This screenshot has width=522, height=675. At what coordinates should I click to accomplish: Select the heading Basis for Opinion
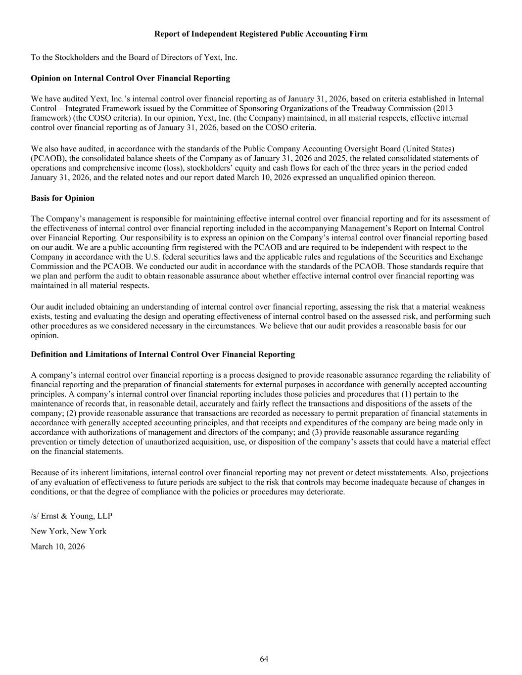[x=62, y=198]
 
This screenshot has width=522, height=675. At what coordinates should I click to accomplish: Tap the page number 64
[x=264, y=659]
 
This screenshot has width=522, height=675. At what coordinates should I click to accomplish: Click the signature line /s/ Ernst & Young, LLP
[x=71, y=516]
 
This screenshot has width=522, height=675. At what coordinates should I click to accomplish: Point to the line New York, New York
[x=68, y=531]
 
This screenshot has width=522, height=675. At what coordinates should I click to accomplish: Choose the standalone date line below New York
[x=57, y=546]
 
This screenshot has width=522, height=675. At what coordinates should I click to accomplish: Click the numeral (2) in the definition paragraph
[x=72, y=413]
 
